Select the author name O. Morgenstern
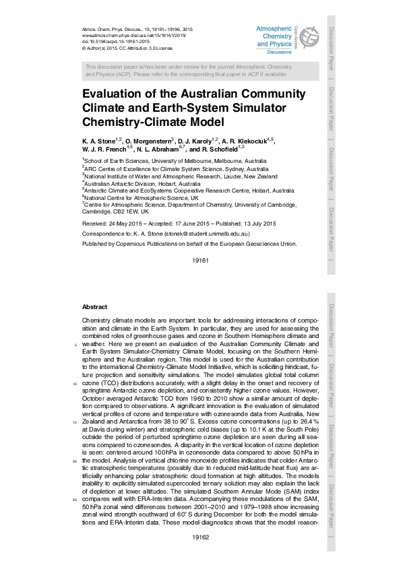pos(146,140)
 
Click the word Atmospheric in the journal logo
pos(274,28)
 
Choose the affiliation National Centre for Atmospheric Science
pos(141,198)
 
